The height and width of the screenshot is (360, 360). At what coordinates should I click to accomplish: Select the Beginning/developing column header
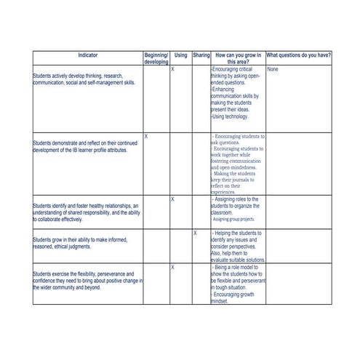tap(156, 59)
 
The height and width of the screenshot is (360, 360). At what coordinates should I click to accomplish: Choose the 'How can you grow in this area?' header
tap(238, 59)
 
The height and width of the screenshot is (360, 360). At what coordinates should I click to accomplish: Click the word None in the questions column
tap(273, 70)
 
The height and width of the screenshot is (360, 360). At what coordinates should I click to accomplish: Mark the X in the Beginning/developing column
tap(146, 136)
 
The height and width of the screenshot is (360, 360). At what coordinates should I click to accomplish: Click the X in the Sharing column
tap(195, 233)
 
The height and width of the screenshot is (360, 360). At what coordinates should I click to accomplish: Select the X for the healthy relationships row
tap(172, 199)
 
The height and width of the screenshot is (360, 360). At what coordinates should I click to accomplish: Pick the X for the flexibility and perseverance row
tap(172, 268)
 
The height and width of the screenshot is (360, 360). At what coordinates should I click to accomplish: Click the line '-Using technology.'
tap(230, 116)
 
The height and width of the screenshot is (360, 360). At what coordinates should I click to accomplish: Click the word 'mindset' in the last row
tap(219, 302)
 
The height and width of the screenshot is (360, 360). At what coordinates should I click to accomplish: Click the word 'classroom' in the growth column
tap(223, 212)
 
